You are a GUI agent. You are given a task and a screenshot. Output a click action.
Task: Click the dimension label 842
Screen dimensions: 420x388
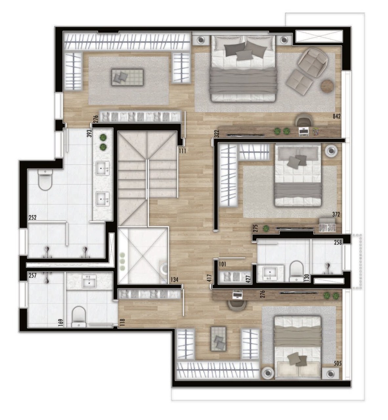336,116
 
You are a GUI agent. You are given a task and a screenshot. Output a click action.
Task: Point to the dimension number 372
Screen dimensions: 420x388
335,215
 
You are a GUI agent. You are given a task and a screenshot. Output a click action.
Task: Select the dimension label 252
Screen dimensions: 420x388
32,217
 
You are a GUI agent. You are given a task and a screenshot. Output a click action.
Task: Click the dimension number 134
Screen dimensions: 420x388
175,280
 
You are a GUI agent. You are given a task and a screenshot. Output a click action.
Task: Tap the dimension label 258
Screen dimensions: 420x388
338,242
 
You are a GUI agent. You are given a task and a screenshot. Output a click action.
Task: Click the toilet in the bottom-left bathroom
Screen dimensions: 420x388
78,316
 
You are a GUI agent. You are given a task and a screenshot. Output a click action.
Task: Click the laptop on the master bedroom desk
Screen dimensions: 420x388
304,132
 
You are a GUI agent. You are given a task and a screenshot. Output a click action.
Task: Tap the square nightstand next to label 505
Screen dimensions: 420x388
330,373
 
